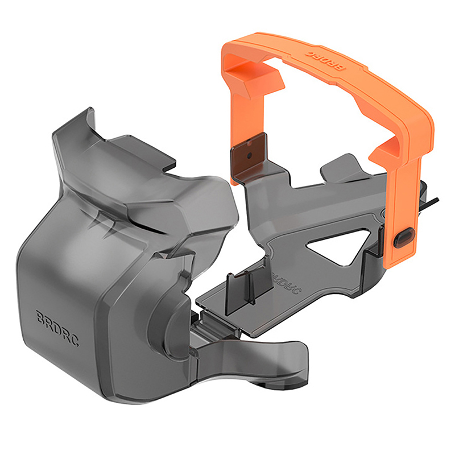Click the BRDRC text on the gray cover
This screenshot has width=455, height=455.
pos(57,328)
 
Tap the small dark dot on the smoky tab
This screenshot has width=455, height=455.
pos(249,156)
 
